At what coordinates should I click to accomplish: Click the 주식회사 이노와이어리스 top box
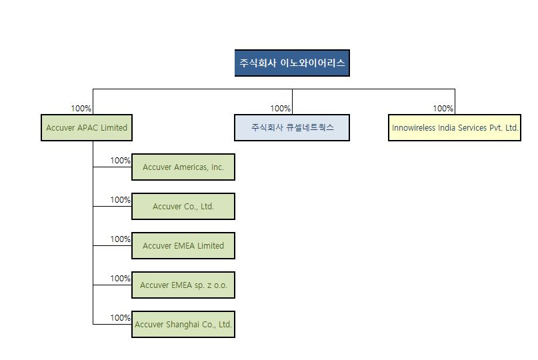point(292,63)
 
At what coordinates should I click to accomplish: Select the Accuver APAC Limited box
point(87,128)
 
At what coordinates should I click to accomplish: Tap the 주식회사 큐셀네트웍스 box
point(292,127)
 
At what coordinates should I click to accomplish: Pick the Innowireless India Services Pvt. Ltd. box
point(455,128)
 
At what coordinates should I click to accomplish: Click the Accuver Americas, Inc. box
point(183,167)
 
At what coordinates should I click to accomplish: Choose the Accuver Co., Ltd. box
point(183,207)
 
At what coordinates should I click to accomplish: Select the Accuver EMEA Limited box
point(183,246)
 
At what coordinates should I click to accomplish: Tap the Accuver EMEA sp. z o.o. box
point(183,285)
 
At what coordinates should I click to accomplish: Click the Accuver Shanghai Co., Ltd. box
point(183,325)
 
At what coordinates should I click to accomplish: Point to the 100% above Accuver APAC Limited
point(81,109)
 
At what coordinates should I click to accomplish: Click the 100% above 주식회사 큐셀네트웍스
point(280,109)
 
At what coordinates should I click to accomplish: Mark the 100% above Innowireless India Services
point(443,109)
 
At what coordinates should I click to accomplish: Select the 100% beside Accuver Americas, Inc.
point(120,161)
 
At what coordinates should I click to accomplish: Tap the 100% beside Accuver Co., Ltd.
point(120,200)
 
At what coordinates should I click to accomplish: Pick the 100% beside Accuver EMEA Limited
point(120,239)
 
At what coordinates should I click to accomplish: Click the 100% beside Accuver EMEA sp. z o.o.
point(120,279)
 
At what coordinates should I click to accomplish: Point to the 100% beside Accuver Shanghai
point(120,318)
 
